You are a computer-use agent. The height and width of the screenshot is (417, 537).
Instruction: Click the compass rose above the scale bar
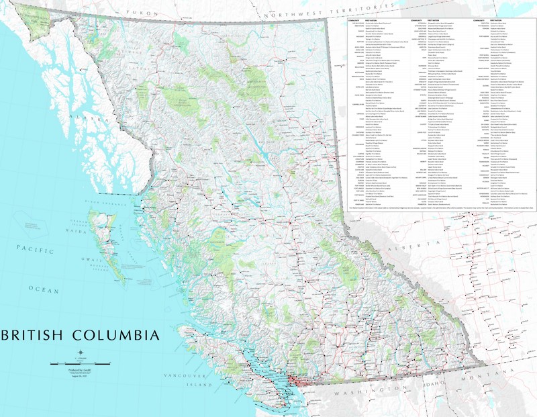(x=81, y=353)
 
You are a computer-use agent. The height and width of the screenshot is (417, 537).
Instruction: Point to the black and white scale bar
(x=81, y=363)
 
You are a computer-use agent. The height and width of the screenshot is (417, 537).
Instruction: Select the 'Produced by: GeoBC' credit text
(x=81, y=371)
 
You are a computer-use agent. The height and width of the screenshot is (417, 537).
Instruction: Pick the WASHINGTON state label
(x=366, y=389)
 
